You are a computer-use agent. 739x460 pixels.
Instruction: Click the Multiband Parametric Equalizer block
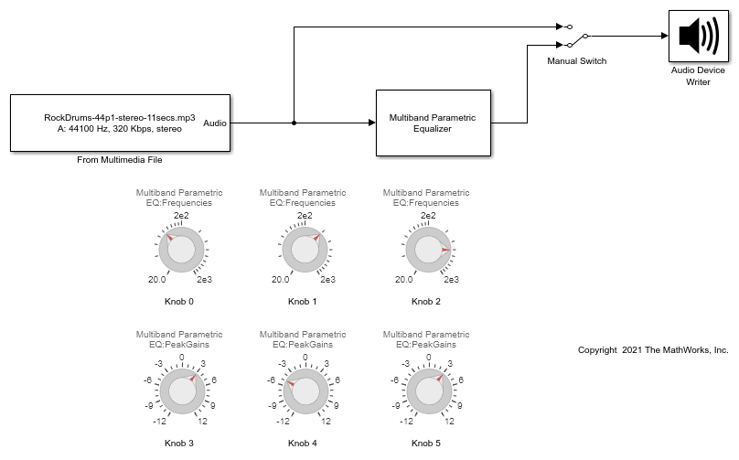click(434, 123)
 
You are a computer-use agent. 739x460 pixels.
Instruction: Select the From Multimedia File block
click(120, 123)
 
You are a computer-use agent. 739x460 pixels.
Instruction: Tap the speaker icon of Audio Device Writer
click(699, 36)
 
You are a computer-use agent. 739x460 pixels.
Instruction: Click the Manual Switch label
click(576, 60)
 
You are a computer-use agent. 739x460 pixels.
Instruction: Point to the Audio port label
click(215, 123)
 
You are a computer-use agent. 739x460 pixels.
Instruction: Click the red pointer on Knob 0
click(170, 238)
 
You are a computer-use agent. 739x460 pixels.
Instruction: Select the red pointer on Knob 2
click(445, 250)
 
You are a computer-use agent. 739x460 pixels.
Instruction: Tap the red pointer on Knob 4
click(291, 384)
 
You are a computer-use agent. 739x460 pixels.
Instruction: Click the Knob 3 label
click(179, 443)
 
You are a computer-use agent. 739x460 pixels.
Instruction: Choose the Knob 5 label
click(426, 443)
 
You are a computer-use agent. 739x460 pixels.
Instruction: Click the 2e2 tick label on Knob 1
click(305, 216)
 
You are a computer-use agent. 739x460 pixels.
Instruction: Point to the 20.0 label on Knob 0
click(157, 280)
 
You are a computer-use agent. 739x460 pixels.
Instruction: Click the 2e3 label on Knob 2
click(451, 280)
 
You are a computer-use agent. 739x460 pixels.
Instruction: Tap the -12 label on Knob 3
click(159, 422)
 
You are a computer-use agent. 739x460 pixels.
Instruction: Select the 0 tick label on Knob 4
click(305, 358)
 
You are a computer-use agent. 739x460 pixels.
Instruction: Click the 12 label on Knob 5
click(449, 422)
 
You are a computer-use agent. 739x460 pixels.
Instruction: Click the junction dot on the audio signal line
click(295, 123)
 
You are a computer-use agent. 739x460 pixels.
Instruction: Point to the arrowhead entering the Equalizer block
click(372, 123)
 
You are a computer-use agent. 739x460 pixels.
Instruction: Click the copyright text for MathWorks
click(653, 350)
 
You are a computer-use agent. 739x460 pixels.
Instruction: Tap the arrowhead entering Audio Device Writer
click(665, 36)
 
